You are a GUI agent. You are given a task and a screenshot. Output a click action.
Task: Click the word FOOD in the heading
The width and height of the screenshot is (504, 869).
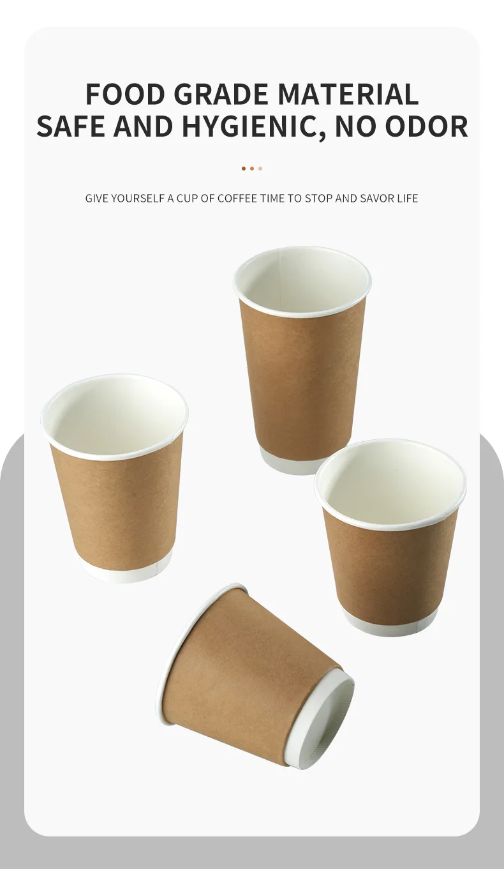pyautogui.click(x=125, y=94)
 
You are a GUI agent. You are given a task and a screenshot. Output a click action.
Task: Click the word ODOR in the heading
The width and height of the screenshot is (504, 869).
pyautogui.click(x=429, y=126)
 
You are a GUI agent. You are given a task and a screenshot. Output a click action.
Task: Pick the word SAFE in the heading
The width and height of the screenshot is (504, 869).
pyautogui.click(x=71, y=126)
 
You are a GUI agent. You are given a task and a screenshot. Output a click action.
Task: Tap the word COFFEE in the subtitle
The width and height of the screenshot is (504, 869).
pyautogui.click(x=237, y=199)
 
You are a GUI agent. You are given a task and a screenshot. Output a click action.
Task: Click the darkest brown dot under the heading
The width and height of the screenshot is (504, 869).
pyautogui.click(x=244, y=169)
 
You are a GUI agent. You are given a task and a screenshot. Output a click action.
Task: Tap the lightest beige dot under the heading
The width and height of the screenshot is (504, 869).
pyautogui.click(x=260, y=169)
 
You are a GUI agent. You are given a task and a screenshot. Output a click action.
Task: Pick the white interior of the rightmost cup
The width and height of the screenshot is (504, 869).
pyautogui.click(x=390, y=482)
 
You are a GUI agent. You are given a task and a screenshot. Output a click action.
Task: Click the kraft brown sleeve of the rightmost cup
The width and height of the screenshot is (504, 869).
pyautogui.click(x=390, y=568)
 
